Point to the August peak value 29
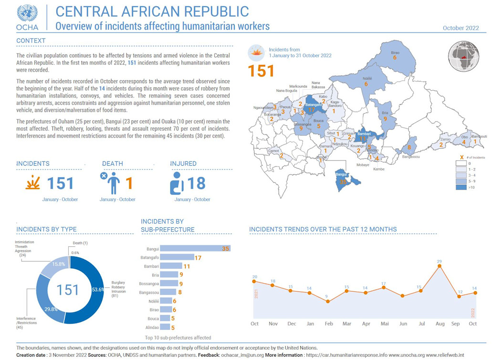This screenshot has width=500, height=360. pos(439,262)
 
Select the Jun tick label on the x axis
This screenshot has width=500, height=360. pos(403,324)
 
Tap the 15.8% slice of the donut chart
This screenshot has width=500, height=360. pos(55,270)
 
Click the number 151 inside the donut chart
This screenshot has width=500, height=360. pos(67,290)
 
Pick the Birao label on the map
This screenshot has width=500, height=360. pos(395,53)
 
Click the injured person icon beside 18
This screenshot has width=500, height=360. pos(177,183)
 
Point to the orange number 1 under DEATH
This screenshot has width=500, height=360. pos(128,183)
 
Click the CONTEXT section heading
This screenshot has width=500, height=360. pos(31,41)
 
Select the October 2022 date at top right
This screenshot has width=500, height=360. pos(460,28)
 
